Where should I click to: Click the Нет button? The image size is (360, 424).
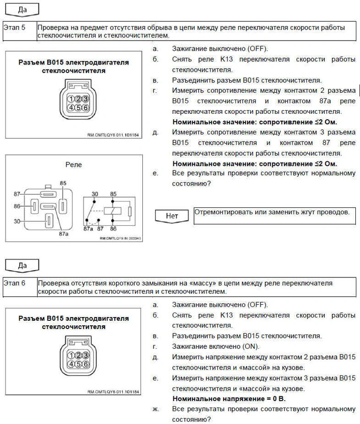tap(172, 216)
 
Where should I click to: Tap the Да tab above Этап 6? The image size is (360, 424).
tap(22, 265)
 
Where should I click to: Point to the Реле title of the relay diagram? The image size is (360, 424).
tap(73, 164)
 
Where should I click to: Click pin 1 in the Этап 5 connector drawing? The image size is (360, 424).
tap(71, 99)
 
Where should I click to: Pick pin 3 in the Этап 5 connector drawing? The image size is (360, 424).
tap(85, 99)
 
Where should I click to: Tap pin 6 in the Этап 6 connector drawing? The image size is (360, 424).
tap(85, 364)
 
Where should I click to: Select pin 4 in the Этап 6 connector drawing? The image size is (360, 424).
tap(71, 364)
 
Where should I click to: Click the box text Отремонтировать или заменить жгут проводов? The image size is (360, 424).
tap(272, 212)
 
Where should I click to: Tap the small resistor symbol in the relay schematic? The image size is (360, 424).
tap(130, 212)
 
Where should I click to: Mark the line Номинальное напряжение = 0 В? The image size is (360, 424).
tap(229, 399)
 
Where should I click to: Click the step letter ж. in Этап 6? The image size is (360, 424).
tap(156, 409)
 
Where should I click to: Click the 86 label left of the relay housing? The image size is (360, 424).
tap(17, 207)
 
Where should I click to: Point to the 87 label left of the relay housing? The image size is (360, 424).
tap(17, 194)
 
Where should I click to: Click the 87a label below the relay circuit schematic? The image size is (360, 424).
tap(89, 228)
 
